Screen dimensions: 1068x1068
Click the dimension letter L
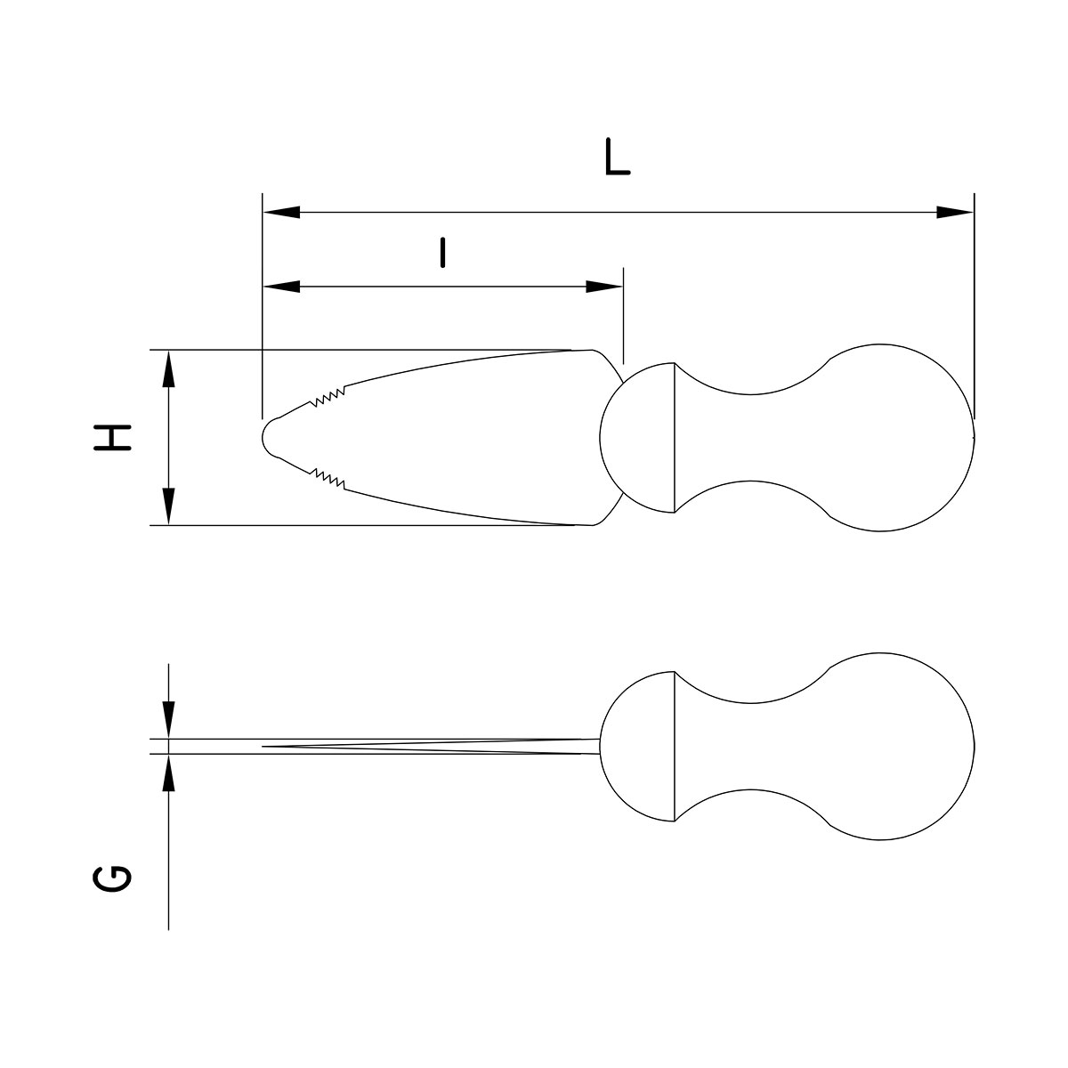coord(618,157)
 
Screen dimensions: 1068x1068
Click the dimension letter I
coord(442,253)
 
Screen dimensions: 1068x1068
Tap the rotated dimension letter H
coord(113,438)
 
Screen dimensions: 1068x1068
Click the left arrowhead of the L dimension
coord(281,213)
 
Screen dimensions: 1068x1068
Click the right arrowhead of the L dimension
coord(955,213)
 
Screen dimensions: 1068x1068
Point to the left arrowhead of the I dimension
coord(281,287)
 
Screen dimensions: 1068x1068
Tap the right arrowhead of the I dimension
coord(604,287)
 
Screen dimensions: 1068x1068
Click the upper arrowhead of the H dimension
coord(168,368)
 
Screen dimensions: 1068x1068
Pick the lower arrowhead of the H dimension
coord(168,506)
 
